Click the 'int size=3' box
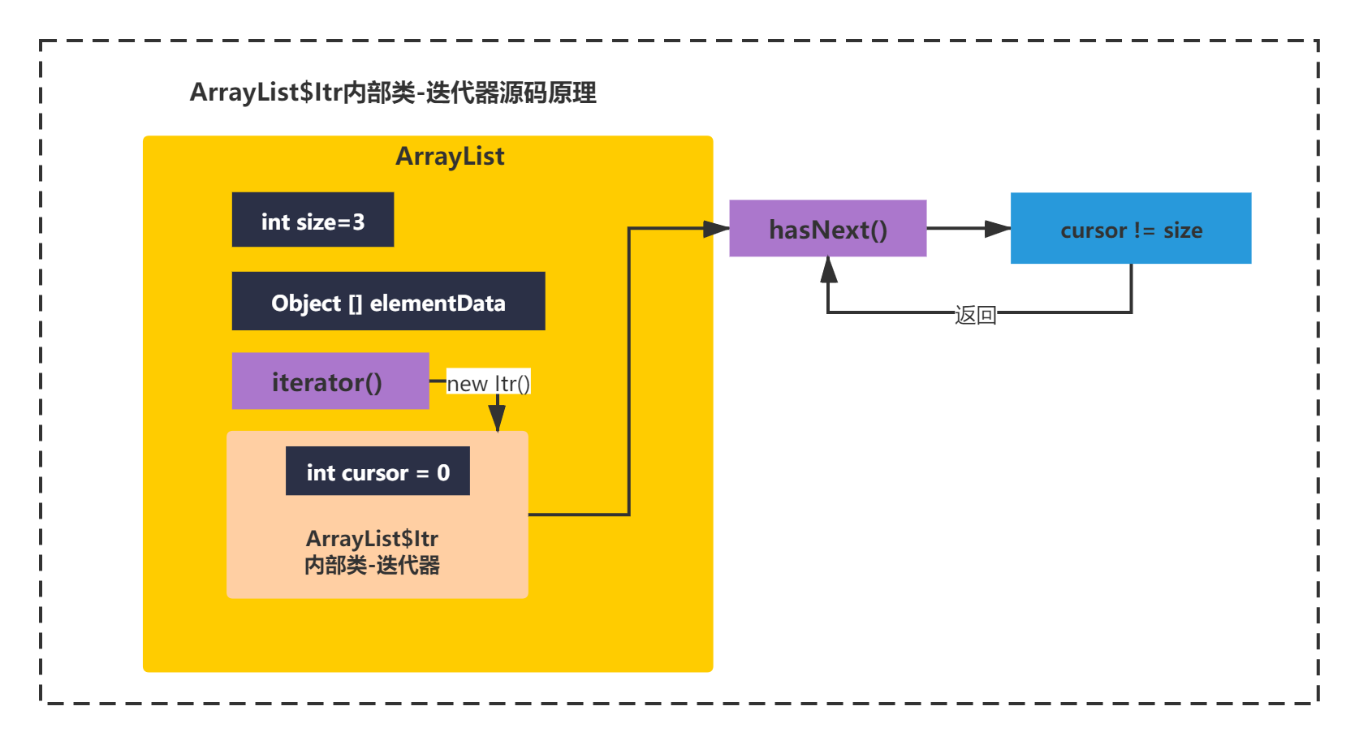point(313,220)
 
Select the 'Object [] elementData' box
point(388,301)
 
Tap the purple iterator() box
point(330,381)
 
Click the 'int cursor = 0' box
point(377,471)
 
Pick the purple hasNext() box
point(827,228)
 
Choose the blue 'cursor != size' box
point(1131,228)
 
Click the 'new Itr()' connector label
point(489,383)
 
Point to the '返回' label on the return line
point(975,315)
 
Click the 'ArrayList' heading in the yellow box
point(450,157)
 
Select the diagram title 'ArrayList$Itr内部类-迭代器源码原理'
point(393,93)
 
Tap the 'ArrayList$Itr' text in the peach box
point(372,538)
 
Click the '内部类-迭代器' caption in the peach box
point(372,566)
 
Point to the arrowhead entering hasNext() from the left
point(716,229)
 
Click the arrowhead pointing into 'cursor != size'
point(998,228)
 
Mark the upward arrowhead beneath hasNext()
point(828,269)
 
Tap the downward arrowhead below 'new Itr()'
point(498,418)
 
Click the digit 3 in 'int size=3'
point(359,222)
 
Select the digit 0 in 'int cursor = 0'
point(443,472)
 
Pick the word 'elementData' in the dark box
point(438,303)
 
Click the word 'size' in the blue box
point(1183,230)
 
